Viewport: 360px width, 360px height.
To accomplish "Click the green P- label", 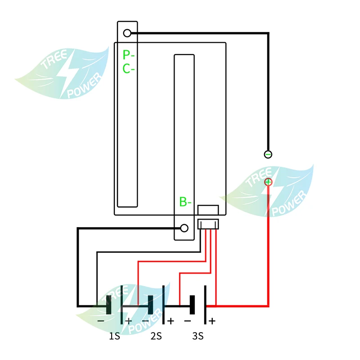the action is tap(129, 55).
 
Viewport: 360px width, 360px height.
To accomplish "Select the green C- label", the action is tap(129, 69).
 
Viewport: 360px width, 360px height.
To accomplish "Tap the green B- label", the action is tap(185, 202).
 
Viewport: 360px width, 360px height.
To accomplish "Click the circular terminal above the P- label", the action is tap(127, 33).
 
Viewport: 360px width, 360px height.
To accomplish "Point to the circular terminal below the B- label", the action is tap(184, 228).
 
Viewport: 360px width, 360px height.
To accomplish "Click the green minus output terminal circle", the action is tap(268, 154).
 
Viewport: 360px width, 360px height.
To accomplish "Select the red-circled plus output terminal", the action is tap(268, 182).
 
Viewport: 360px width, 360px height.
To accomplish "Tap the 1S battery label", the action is tap(114, 336).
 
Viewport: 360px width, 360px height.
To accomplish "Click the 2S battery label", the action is tap(156, 336).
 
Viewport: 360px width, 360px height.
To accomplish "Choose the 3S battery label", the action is tap(198, 336).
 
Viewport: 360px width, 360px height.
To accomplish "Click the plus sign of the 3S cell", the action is tap(212, 321).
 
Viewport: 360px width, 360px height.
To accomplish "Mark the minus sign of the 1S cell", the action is tap(101, 321).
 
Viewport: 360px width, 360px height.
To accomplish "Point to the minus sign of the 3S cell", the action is tap(187, 321).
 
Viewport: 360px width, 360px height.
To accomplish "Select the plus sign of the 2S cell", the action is tap(171, 321).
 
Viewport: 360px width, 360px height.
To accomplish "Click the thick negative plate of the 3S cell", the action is tap(192, 305).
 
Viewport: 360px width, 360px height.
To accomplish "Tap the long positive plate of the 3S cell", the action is tap(205, 305).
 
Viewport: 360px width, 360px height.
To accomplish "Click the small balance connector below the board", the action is tap(208, 224).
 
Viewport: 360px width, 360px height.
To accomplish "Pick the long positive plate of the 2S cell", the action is tap(163, 305).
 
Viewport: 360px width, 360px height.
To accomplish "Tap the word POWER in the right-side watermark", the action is tap(289, 203).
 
